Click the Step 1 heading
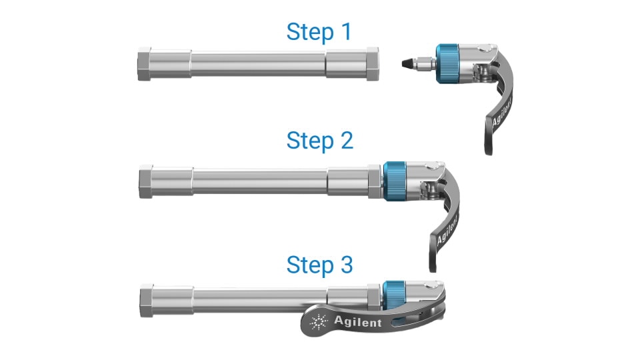[x=319, y=31]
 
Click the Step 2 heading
[x=319, y=141]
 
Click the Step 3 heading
[x=319, y=265]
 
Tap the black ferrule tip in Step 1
[x=405, y=64]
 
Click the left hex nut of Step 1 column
[x=146, y=64]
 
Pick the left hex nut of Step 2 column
[x=146, y=180]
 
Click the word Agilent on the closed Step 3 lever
[x=358, y=322]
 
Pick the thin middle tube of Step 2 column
[x=260, y=180]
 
